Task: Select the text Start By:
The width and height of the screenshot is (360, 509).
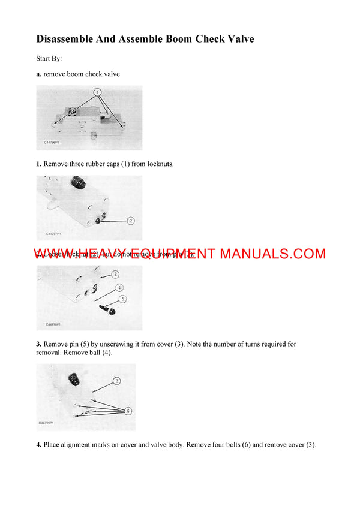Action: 49,59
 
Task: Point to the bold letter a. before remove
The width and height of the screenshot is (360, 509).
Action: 39,74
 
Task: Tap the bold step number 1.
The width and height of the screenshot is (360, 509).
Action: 39,164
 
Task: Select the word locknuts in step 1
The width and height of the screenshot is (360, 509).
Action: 159,164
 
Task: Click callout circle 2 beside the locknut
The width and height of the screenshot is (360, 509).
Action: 131,221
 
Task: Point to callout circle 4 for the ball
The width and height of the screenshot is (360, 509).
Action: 119,287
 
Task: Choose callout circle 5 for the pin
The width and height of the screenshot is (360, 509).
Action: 123,298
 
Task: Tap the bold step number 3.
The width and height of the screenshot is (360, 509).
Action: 39,344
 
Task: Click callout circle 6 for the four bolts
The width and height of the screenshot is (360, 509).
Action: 128,411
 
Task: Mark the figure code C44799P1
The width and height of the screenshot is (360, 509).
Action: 47,423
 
